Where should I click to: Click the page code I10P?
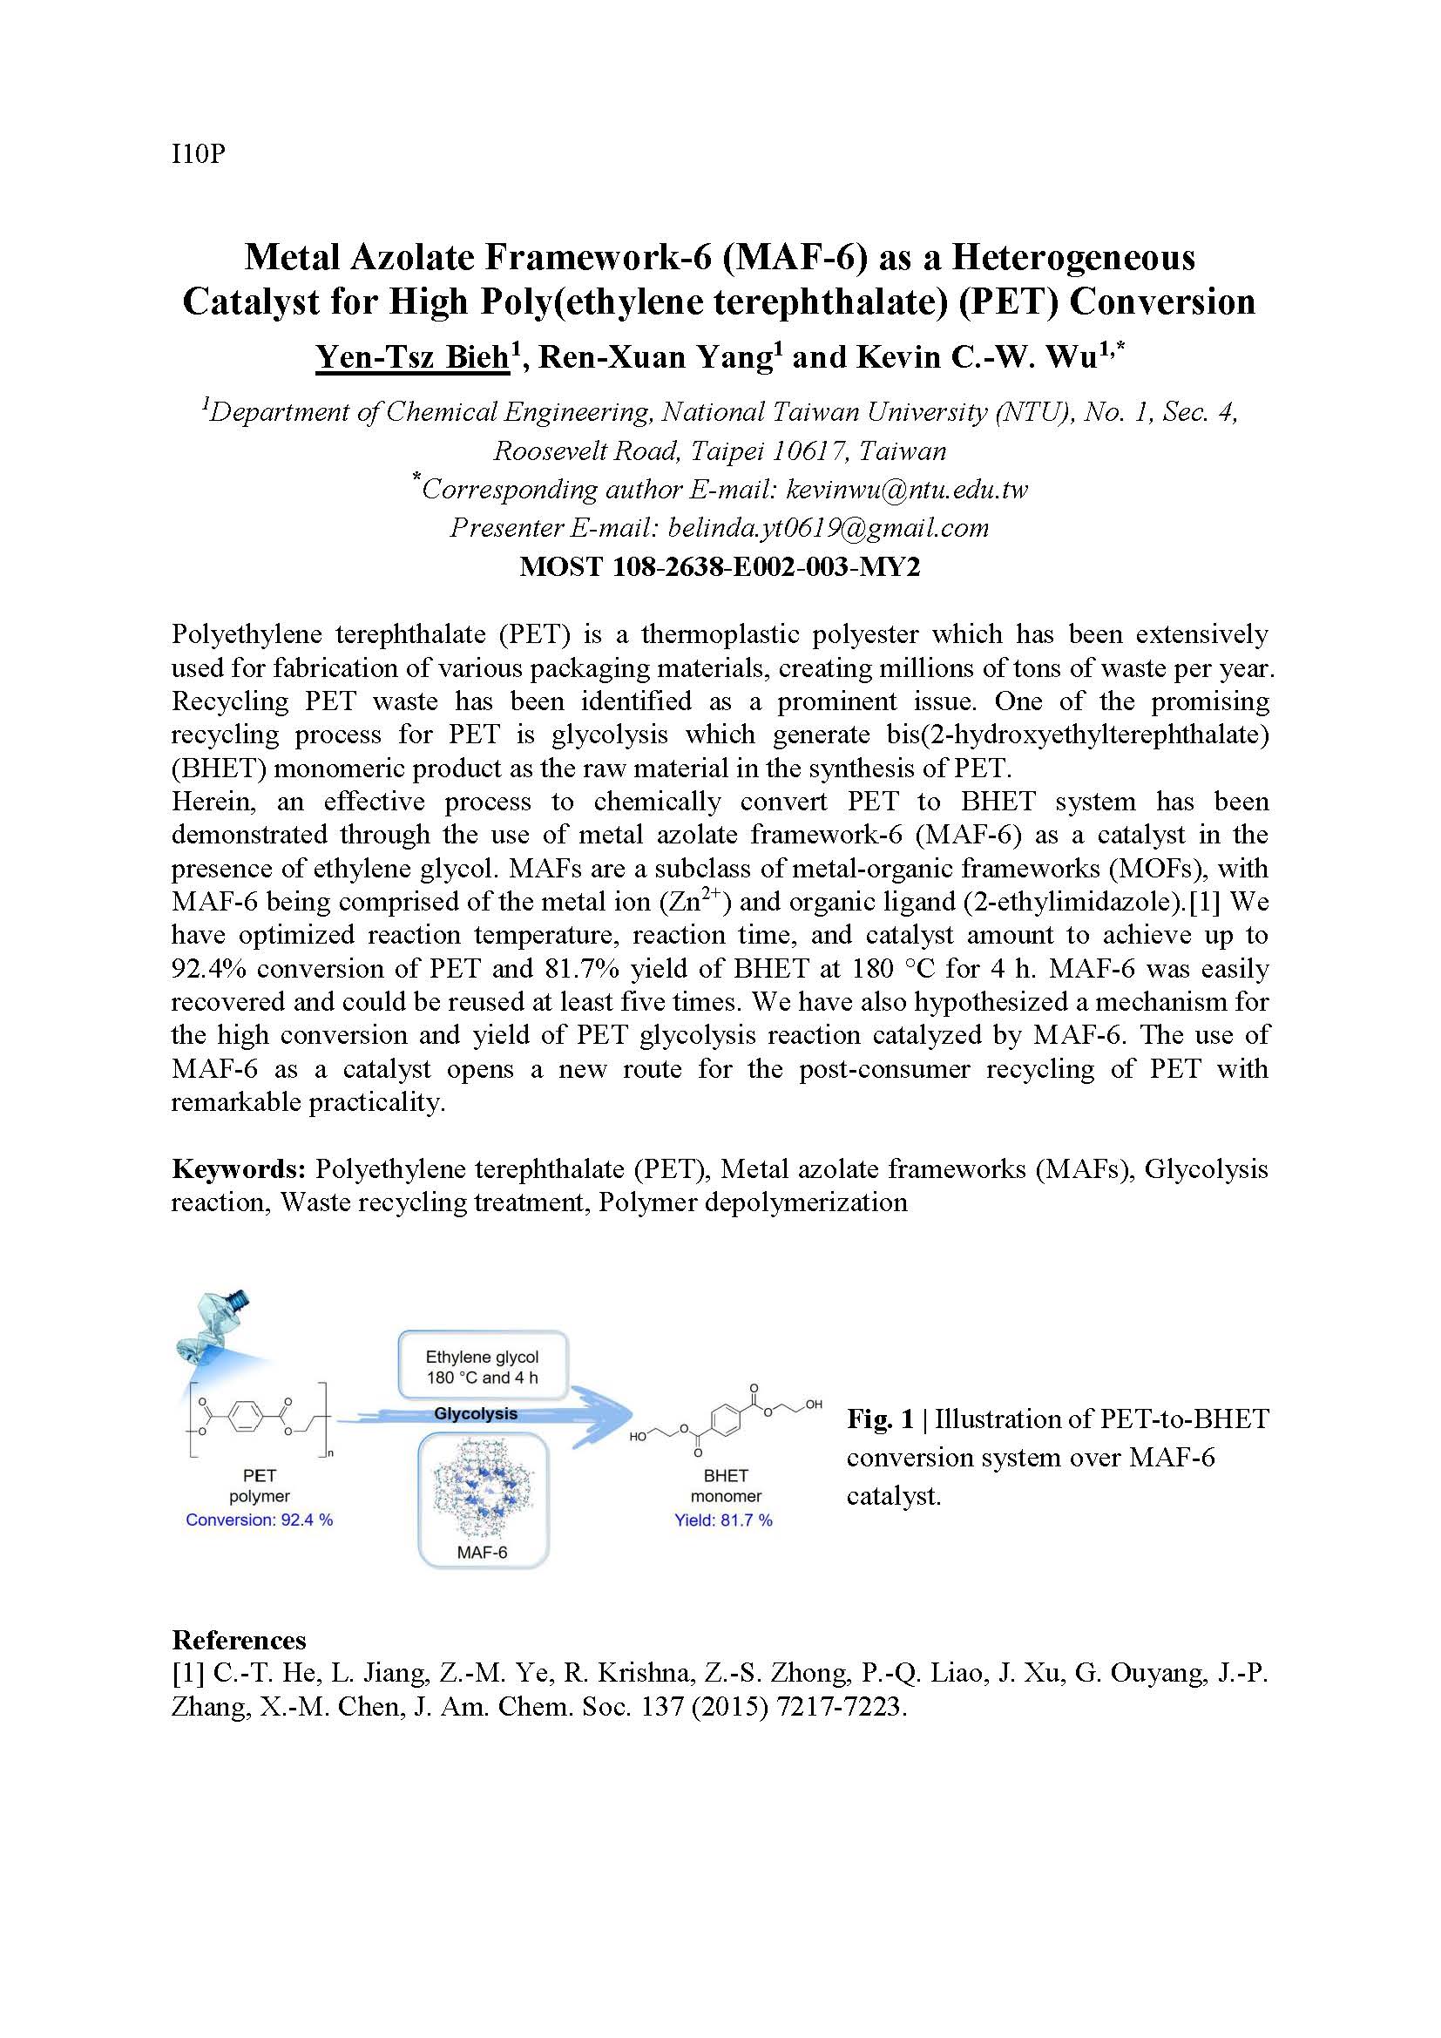199,154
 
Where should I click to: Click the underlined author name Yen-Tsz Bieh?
413,357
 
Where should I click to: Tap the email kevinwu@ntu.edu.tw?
907,489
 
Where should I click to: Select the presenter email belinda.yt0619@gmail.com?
828,528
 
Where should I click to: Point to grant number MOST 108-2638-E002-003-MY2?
720,566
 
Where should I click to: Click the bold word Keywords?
239,1169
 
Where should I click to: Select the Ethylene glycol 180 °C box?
482,1367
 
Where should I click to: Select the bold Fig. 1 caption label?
879,1419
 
